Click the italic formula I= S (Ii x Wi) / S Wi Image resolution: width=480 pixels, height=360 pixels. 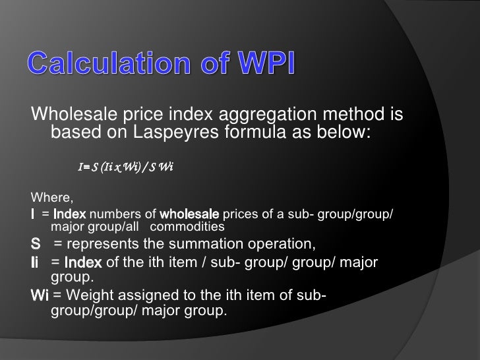click(x=125, y=167)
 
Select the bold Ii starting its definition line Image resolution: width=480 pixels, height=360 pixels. click(x=36, y=263)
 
